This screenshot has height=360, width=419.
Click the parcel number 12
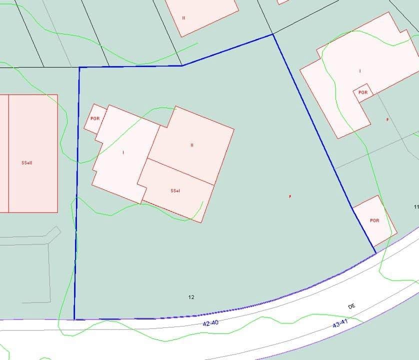(x=191, y=297)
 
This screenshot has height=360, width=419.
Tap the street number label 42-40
(x=210, y=323)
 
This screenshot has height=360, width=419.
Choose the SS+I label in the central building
(x=175, y=191)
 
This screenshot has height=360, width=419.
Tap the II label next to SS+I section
(x=191, y=145)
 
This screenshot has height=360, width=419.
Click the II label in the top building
(x=183, y=18)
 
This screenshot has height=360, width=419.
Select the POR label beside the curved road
(x=374, y=220)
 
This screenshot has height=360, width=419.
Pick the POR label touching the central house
(x=94, y=118)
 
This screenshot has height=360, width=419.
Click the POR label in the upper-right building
(x=363, y=92)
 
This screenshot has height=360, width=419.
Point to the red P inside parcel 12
(x=290, y=196)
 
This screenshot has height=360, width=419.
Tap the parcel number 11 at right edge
(x=416, y=207)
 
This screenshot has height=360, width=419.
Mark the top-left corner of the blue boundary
(x=79, y=67)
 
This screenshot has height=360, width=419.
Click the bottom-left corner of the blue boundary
(x=74, y=319)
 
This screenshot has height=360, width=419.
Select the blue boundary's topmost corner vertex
(x=272, y=34)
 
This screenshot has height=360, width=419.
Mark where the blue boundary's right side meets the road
(x=375, y=253)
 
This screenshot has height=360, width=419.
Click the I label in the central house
(x=123, y=152)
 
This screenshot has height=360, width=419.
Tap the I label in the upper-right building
(x=360, y=71)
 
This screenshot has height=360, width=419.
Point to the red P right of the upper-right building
(x=387, y=120)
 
